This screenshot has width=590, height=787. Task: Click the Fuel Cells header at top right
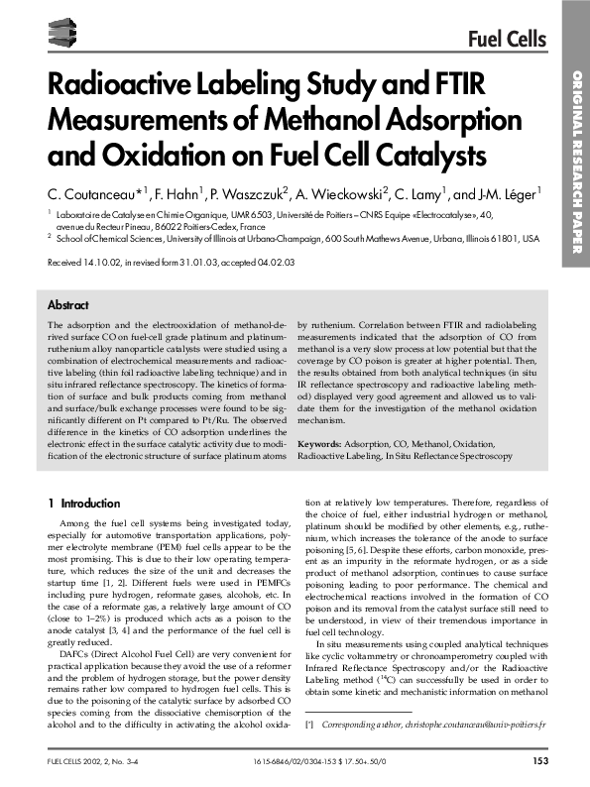tap(507, 40)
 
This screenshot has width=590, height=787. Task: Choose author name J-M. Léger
tap(505, 191)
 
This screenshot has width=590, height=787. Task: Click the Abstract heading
tap(68, 305)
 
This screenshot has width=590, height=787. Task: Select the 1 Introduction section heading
tap(84, 504)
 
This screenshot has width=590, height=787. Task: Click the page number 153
tap(540, 761)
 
